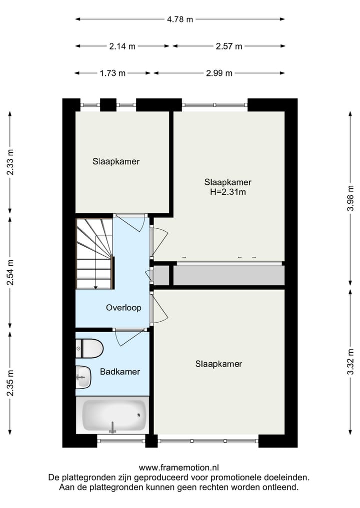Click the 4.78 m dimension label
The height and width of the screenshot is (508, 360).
[180, 19]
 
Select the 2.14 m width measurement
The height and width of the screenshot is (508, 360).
[122, 46]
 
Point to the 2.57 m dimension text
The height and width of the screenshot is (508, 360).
[228, 46]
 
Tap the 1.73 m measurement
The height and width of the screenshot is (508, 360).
[112, 73]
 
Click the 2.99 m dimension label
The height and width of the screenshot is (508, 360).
[219, 73]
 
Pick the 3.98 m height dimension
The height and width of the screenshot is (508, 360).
[350, 199]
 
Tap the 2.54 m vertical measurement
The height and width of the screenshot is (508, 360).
[10, 273]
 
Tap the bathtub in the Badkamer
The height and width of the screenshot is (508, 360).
[114, 415]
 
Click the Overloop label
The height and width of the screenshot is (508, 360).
[123, 308]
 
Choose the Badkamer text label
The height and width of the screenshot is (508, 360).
[119, 372]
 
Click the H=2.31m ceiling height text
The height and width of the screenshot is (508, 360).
[227, 191]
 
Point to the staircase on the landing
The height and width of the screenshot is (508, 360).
[94, 253]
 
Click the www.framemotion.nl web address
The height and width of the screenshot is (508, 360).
[179, 468]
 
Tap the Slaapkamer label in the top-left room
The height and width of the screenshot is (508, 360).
[116, 162]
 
